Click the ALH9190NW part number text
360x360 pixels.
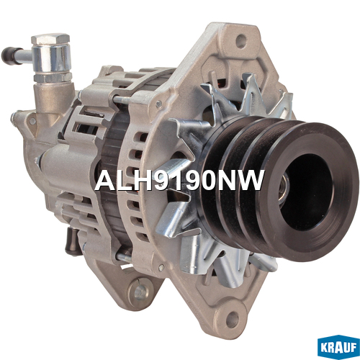[x=179, y=181]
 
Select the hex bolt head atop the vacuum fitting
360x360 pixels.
[x=50, y=39]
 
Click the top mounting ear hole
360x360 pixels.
[x=240, y=41]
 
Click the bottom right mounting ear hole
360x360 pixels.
[x=233, y=318]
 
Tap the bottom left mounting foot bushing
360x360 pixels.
[x=139, y=291]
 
